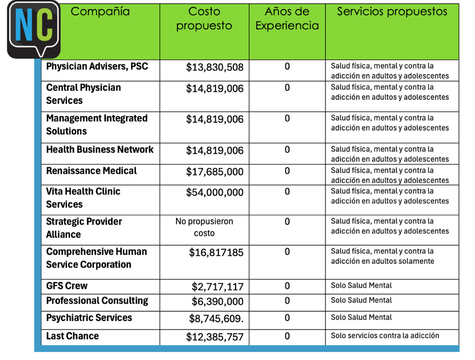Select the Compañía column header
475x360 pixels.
coord(100,12)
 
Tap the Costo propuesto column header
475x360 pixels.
coord(204,19)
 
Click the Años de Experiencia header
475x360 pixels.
coord(287,19)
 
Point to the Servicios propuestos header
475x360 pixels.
coord(392,12)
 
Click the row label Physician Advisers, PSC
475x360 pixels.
coord(97,67)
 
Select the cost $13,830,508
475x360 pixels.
coord(215,67)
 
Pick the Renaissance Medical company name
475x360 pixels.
coord(91,171)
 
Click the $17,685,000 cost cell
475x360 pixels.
coord(215,172)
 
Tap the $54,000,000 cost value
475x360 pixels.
coord(215,193)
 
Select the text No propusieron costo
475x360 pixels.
coord(204,228)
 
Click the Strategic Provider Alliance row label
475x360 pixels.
coord(84,228)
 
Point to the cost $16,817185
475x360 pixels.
coord(216,253)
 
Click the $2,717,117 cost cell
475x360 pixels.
coord(218,287)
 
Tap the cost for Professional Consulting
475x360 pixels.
coord(218,302)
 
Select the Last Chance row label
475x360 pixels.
coord(73,336)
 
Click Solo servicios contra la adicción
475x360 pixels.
coord(385,336)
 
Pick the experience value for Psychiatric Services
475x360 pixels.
coord(287,318)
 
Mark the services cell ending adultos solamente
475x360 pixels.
coord(382,256)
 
